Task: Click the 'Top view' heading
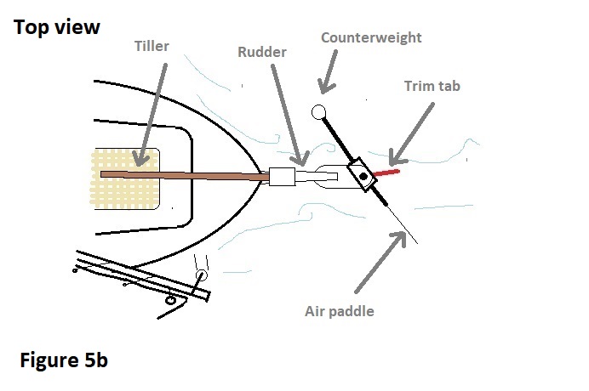[57, 27]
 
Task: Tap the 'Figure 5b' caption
[64, 360]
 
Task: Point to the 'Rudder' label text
[263, 52]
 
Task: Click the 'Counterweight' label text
[370, 37]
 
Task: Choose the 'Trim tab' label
[432, 86]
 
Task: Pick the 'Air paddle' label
[339, 310]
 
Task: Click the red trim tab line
[386, 173]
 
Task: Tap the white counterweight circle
[319, 110]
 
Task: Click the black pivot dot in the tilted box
[363, 176]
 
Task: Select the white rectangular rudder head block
[282, 177]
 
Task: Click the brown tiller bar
[187, 175]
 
